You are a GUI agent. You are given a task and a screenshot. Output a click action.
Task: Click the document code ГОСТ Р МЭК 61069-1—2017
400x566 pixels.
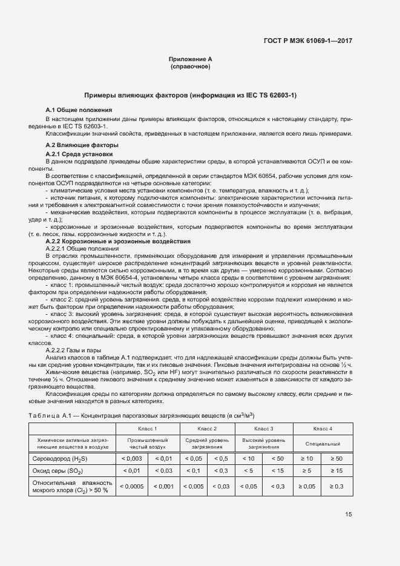pos(308,41)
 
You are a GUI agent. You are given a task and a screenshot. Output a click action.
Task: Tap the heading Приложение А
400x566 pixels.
pos(191,59)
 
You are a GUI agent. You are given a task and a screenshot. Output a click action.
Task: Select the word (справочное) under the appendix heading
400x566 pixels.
pos(191,67)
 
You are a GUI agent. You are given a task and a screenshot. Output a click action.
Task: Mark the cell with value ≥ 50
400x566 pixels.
pos(337,458)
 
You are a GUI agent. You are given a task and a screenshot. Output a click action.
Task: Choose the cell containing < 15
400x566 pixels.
pos(278,470)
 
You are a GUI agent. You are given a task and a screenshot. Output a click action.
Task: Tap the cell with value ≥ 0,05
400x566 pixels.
pos(307,486)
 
